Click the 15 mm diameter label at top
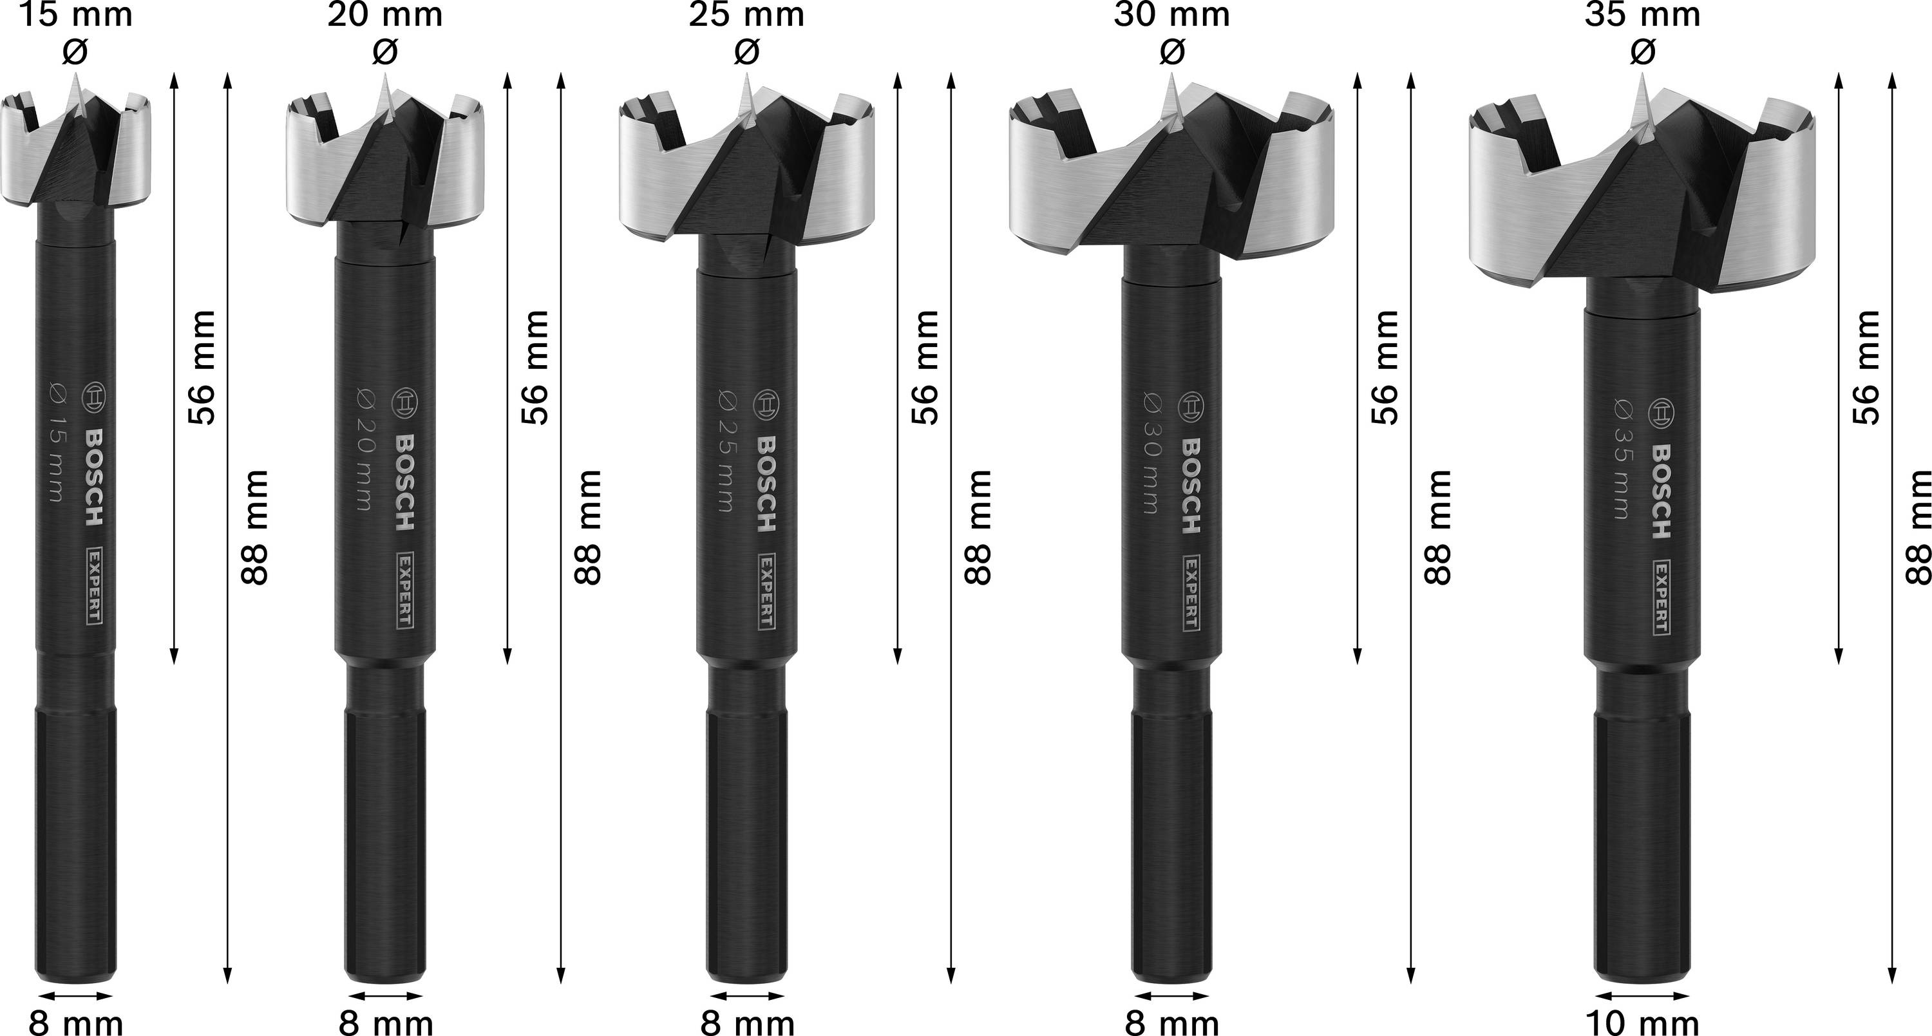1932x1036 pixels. tap(75, 15)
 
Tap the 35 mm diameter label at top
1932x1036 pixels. tap(1642, 15)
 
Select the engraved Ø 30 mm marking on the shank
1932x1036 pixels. tap(1152, 452)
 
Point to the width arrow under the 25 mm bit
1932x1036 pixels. tap(747, 996)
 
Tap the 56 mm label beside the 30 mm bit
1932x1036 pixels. tap(1386, 367)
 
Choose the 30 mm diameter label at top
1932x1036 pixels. tap(1171, 15)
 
